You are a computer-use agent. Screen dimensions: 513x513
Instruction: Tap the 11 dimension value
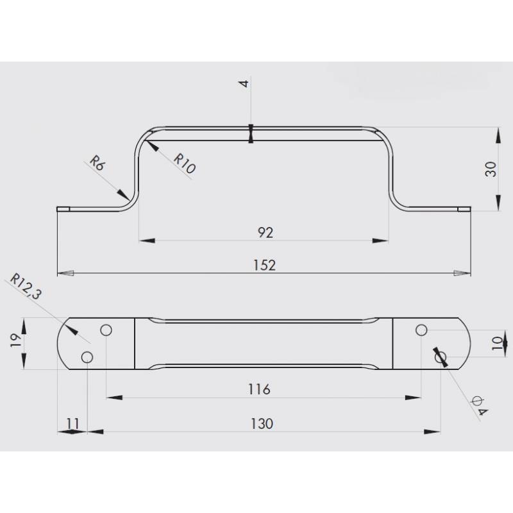72,423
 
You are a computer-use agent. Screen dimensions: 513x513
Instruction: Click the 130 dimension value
262,423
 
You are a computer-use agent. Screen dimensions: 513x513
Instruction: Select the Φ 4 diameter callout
478,405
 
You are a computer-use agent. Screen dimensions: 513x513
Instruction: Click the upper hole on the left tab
106,330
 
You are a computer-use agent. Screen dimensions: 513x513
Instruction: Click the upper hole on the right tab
421,330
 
